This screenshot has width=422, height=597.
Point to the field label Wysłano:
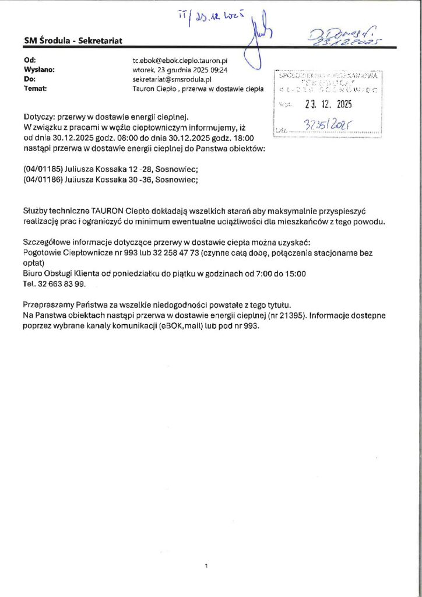[x=39, y=69]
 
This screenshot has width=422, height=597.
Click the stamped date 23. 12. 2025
[x=329, y=106]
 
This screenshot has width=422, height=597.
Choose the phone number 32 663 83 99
[x=61, y=283]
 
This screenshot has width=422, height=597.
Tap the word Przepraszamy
[x=49, y=305]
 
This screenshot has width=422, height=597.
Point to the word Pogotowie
[x=43, y=254]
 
